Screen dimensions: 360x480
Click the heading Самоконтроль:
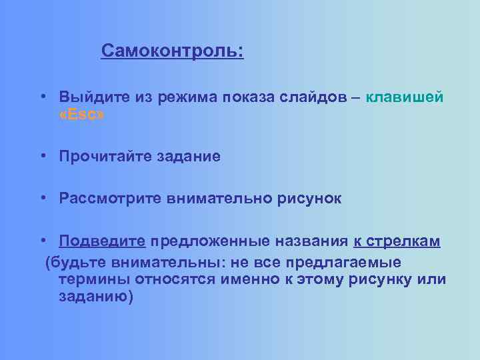(x=173, y=51)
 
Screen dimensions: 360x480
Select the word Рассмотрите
(x=109, y=199)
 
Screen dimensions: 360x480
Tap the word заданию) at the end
(x=96, y=297)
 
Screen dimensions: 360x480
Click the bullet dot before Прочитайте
(x=42, y=157)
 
